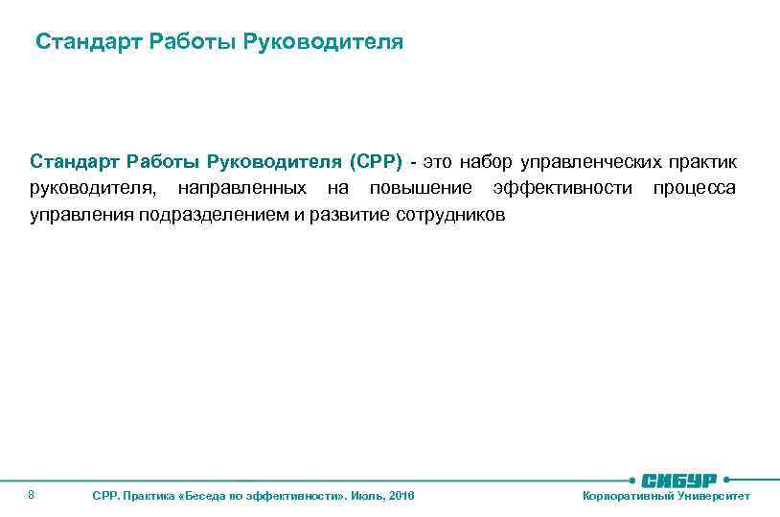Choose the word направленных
tap(242, 186)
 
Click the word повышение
tap(421, 186)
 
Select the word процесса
tap(695, 186)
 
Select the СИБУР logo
tap(682, 479)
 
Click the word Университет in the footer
tap(714, 496)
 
